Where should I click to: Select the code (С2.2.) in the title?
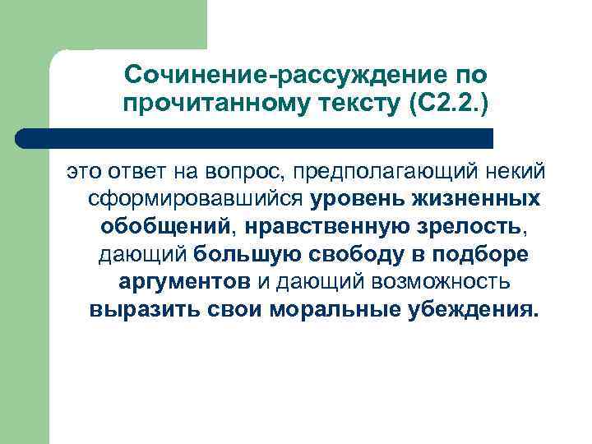pyautogui.click(x=443, y=104)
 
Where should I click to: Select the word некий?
pyautogui.click(x=514, y=172)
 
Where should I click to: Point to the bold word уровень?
pyautogui.click(x=354, y=200)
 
